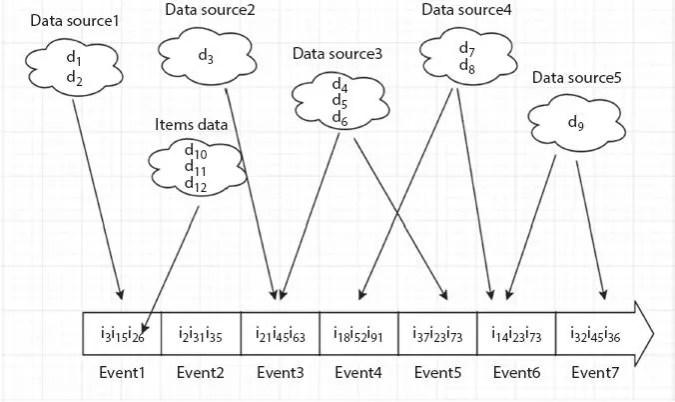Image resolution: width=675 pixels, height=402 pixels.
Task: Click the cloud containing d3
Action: (207, 57)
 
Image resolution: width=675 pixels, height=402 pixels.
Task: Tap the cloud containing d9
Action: (574, 123)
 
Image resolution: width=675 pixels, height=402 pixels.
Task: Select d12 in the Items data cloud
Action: (196, 186)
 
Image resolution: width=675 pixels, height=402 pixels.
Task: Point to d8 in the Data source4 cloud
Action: (467, 65)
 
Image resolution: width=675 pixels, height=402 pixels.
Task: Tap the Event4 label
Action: (357, 373)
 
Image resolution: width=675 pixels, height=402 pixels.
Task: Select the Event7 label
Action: (596, 373)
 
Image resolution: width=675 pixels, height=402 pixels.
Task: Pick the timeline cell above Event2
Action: (199, 334)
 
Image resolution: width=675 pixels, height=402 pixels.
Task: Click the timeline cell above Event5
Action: (437, 334)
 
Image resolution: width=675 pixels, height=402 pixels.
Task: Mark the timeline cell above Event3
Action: (279, 334)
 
